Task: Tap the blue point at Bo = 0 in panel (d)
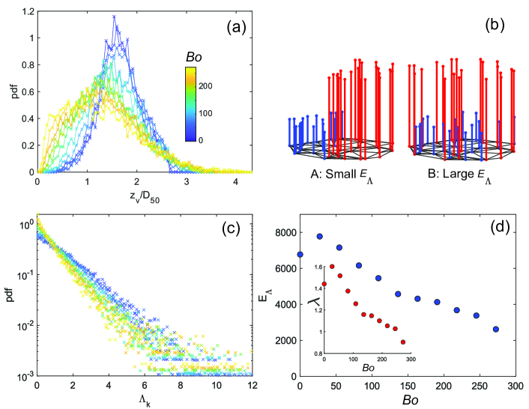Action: tap(300, 255)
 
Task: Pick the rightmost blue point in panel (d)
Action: tap(496, 329)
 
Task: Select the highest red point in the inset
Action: tap(332, 267)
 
